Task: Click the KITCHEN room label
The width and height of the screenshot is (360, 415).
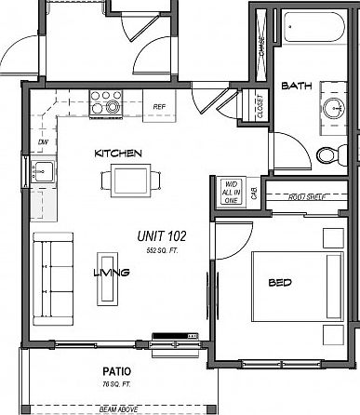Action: (117, 152)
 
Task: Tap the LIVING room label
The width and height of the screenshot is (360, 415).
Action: (111, 273)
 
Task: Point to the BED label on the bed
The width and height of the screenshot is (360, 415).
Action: (281, 282)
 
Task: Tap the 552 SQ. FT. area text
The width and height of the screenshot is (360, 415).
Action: (162, 251)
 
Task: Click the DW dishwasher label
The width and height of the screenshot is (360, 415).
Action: (43, 142)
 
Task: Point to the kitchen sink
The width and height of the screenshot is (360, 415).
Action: (42, 171)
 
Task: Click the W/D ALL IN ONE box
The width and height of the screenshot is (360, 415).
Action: (231, 192)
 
